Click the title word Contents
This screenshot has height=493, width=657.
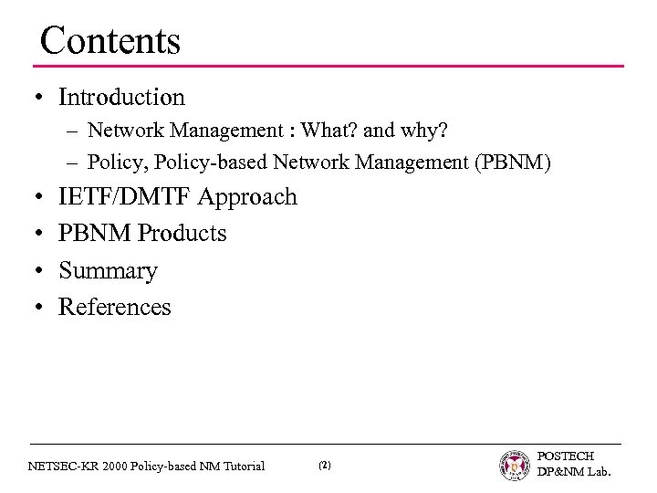[110, 40]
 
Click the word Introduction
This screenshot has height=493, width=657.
[121, 97]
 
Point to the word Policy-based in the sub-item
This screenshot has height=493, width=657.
[191, 163]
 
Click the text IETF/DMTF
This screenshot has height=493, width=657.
[126, 196]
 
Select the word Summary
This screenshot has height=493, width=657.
[108, 271]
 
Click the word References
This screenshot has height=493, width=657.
[114, 308]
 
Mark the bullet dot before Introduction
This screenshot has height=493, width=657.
[43, 98]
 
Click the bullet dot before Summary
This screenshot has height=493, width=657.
[43, 271]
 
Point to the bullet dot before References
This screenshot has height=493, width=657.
[43, 308]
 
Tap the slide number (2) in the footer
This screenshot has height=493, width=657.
[325, 466]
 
